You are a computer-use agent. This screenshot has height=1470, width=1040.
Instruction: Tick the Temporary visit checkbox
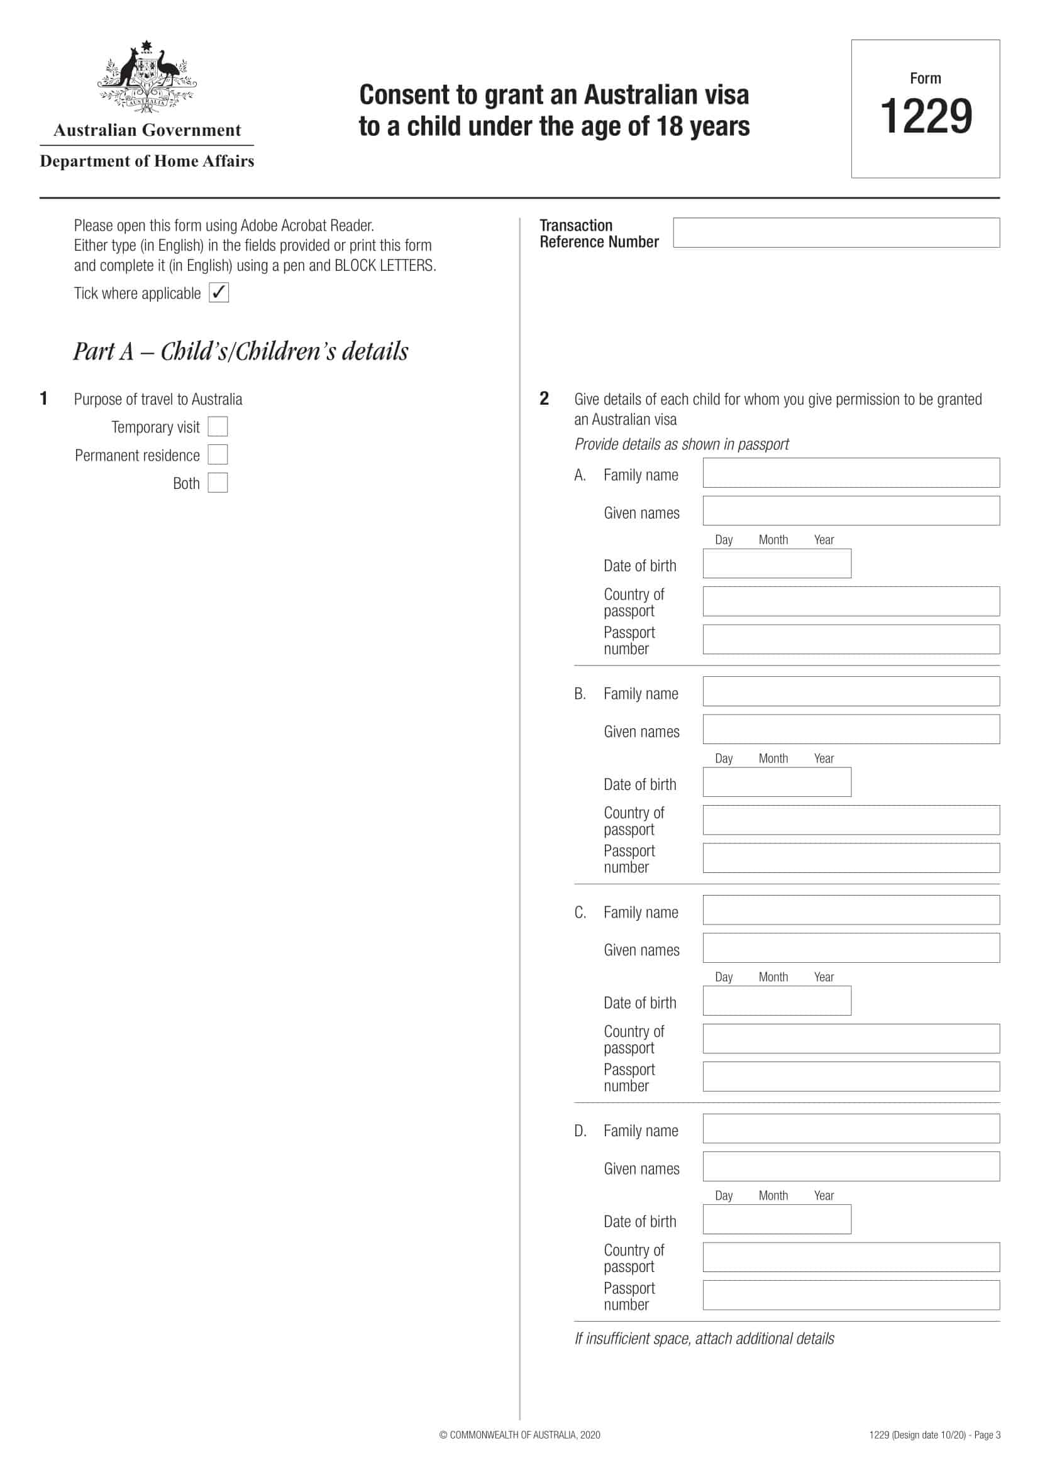[218, 426]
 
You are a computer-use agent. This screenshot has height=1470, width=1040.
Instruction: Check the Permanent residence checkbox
[218, 454]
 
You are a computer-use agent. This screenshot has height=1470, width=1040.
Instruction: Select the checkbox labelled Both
[218, 483]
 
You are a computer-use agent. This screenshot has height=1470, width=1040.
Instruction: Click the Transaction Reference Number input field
[836, 233]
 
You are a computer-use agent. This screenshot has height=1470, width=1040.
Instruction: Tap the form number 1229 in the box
[926, 116]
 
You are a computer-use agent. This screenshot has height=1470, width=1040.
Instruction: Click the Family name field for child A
[851, 473]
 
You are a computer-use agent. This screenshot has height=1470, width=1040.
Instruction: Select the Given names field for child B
[851, 729]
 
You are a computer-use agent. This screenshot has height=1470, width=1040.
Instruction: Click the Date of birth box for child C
[776, 1001]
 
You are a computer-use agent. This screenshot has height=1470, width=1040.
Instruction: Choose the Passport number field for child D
[851, 1295]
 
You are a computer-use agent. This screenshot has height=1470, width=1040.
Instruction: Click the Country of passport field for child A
[851, 601]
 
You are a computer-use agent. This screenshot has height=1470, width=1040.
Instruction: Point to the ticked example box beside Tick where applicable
[219, 293]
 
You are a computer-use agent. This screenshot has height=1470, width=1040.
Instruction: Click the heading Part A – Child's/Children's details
[240, 351]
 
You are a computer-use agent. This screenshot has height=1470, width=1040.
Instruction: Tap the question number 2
[544, 399]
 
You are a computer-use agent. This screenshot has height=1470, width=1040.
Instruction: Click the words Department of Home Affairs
[147, 161]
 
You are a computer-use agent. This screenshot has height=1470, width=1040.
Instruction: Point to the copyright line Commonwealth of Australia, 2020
[519, 1435]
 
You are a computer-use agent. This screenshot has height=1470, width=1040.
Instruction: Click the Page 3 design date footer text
[934, 1435]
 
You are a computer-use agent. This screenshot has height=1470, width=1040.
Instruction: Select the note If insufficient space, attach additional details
[704, 1339]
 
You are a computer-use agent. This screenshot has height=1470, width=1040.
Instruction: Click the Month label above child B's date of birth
[773, 759]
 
